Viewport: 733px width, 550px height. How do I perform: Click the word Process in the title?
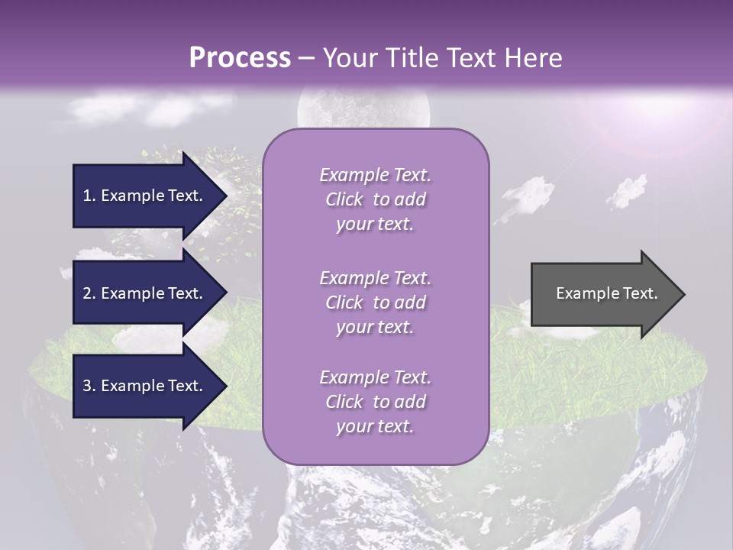click(x=240, y=58)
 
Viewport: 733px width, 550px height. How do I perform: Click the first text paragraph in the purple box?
click(x=375, y=199)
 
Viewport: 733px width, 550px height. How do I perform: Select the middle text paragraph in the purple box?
click(x=375, y=302)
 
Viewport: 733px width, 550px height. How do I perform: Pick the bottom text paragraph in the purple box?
click(x=375, y=402)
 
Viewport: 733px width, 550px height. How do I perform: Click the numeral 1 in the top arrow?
click(x=87, y=196)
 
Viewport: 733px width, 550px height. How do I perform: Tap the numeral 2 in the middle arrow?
click(x=87, y=293)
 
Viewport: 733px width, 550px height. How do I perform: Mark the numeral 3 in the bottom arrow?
click(x=87, y=386)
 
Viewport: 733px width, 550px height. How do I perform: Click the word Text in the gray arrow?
click(x=640, y=293)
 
